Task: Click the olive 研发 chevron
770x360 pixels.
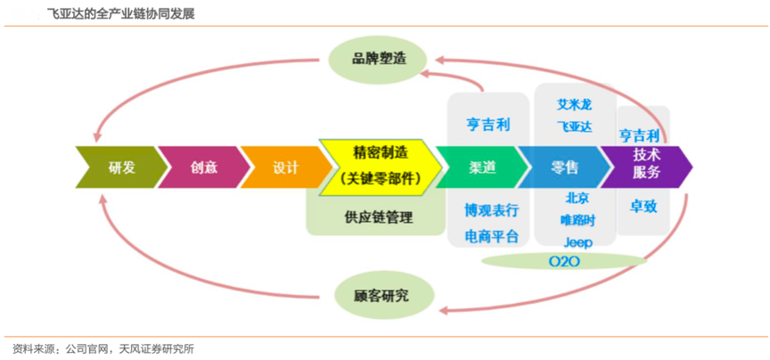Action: coord(119,167)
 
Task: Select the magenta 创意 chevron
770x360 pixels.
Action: coord(203,167)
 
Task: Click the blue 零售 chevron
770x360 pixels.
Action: coord(564,167)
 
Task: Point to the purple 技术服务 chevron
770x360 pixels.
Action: coord(646,163)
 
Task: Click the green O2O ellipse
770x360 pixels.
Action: coord(564,261)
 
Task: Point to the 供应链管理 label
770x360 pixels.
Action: coord(378,217)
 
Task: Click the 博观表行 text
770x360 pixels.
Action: coord(491,211)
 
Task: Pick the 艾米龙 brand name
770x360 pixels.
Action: coord(574,104)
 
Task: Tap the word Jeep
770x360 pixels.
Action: coord(577,241)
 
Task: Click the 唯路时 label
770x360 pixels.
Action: coord(577,219)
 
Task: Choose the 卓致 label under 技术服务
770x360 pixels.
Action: coord(643,207)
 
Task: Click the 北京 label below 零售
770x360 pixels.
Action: coord(577,198)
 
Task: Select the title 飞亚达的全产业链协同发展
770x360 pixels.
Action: coord(121,15)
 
